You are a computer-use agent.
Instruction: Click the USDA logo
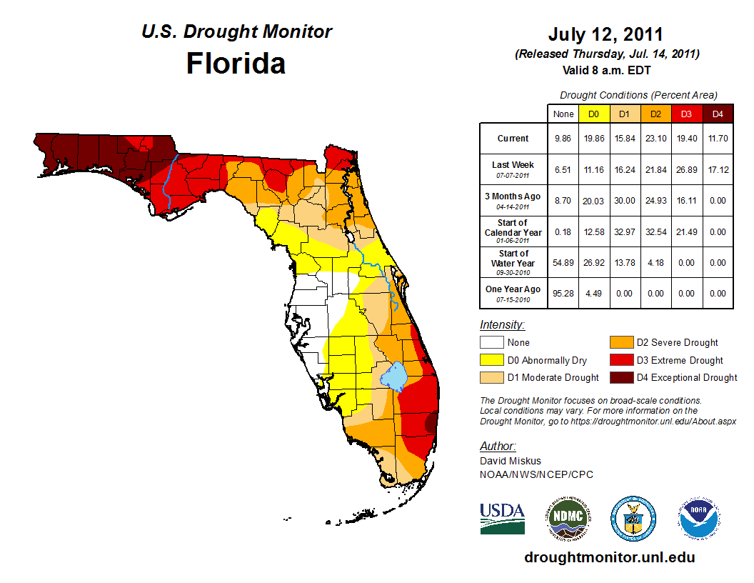pos(502,518)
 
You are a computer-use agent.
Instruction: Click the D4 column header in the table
pos(717,114)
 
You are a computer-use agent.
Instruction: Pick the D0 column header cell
pos(594,114)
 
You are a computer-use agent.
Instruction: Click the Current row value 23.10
pos(656,139)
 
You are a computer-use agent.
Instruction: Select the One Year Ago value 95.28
pos(563,293)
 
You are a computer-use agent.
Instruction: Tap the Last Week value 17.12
pos(717,170)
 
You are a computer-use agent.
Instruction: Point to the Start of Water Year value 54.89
pos(563,263)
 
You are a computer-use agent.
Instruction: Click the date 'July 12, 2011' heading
pos(606,34)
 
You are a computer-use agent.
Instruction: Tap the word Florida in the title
pos(236,64)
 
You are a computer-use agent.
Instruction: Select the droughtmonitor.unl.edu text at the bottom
pos(609,557)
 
